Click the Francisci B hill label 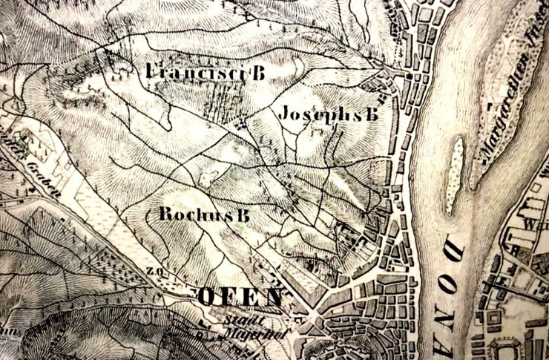coord(206,72)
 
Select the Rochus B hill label coord(203,215)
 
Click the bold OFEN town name coord(239,296)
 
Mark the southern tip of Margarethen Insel coord(476,186)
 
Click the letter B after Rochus coord(240,215)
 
